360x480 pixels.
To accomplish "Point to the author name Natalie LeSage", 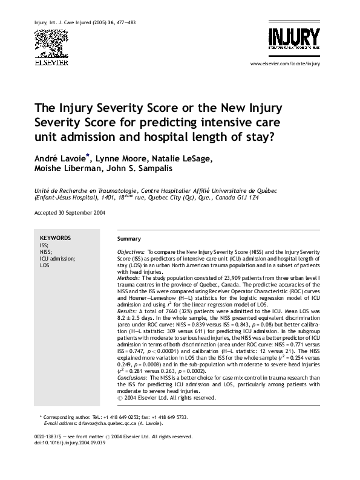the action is tap(183, 158).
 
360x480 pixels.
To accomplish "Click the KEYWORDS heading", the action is tap(55, 238).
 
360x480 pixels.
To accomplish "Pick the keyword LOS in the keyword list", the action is tap(44, 265).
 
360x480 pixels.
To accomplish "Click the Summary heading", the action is tap(129, 239).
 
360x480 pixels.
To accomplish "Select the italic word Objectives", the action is tap(130, 251).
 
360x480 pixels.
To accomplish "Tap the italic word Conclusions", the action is tap(132, 377).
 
